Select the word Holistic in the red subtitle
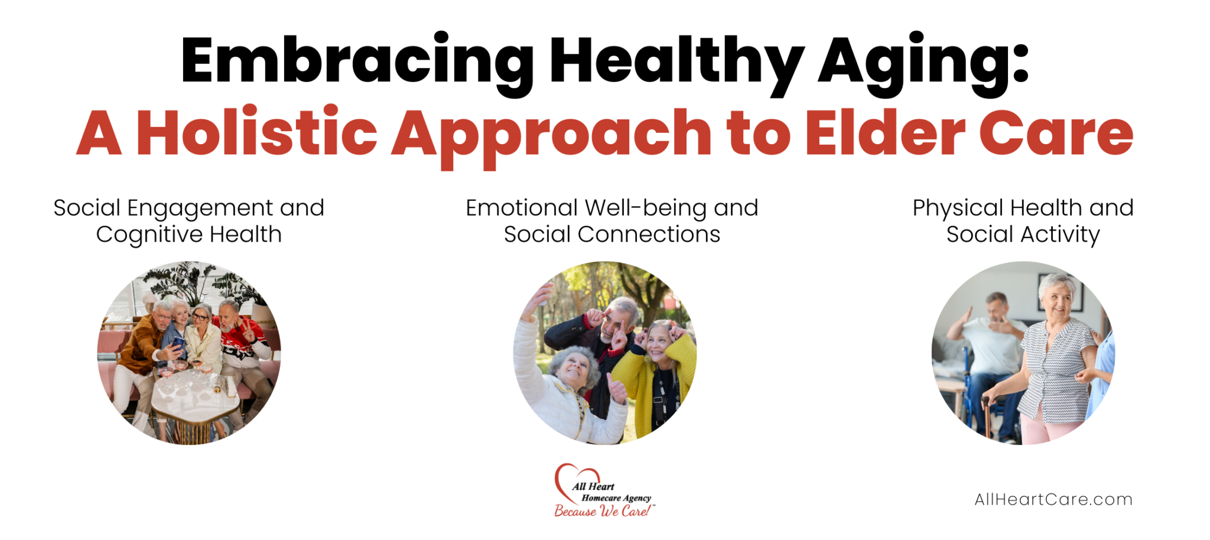257,133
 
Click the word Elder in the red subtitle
885,133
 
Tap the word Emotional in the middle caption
521,208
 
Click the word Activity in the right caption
1060,235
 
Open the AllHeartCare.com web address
1053,500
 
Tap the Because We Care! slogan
603,512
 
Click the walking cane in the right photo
985,417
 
